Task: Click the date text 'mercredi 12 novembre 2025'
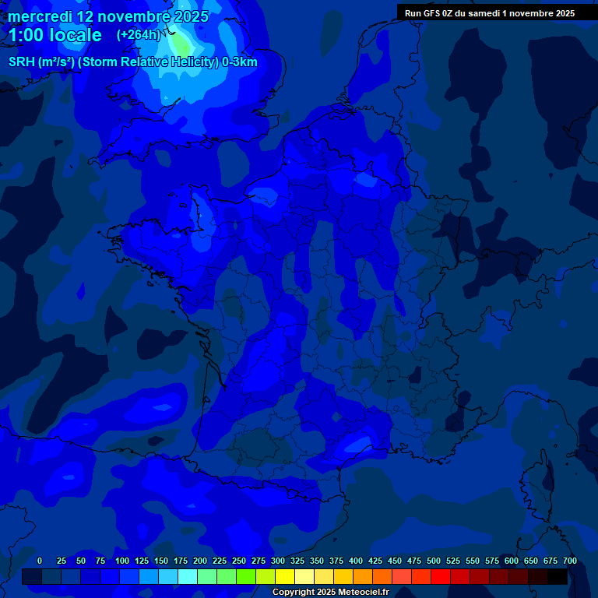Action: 108,16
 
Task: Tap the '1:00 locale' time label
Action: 55,35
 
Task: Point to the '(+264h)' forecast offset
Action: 138,35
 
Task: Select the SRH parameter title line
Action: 132,62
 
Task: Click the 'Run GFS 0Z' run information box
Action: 490,12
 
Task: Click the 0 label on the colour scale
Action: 40,561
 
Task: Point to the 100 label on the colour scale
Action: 122,561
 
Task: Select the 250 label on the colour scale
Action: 239,561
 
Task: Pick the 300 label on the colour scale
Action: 278,561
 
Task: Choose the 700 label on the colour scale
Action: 570,561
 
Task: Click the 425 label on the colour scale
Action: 375,561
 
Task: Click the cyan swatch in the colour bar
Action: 188,577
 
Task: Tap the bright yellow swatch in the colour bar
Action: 285,577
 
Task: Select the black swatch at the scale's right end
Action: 558,577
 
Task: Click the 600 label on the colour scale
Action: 512,561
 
